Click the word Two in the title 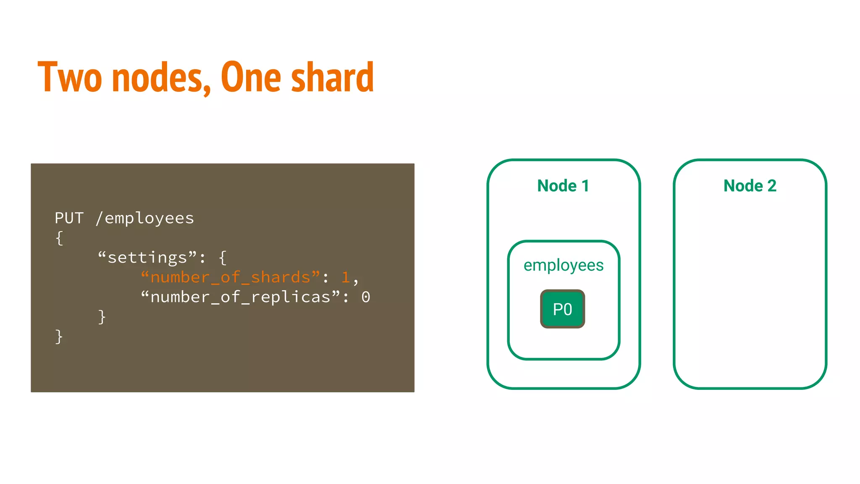70,77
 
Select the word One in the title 251,77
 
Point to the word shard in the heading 332,77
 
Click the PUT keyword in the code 69,218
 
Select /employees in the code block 145,218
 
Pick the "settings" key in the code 147,258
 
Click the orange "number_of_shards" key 230,277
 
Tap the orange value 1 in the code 346,277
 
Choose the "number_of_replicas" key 240,297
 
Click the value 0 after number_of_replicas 366,297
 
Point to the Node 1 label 563,186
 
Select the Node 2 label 750,186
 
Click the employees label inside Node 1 564,265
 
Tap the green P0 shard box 563,309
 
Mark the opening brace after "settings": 223,258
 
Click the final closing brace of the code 59,337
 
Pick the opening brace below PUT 59,238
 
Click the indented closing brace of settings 102,317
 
